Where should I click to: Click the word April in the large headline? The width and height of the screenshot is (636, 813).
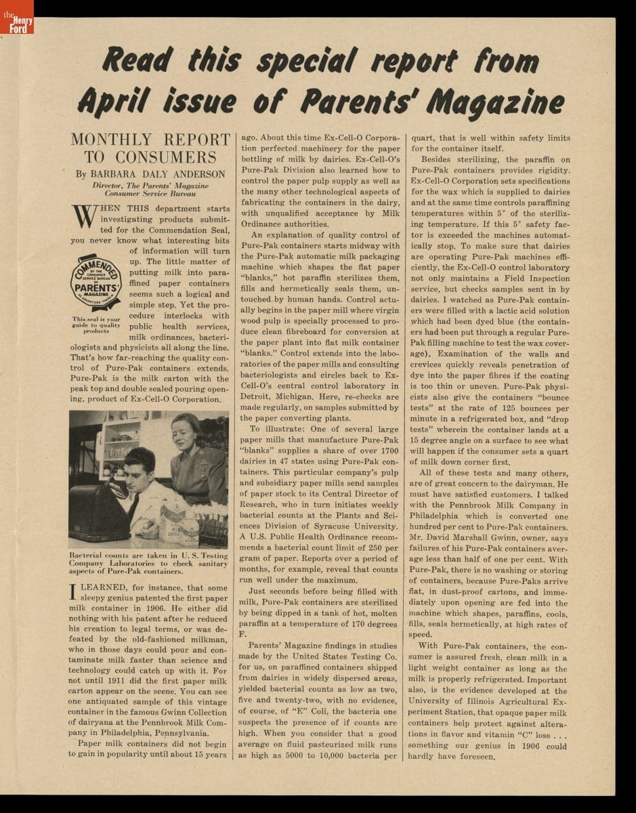click(113, 102)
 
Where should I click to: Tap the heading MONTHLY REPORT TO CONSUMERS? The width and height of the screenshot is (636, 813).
click(150, 148)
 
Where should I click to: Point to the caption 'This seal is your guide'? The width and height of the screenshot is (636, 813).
click(96, 325)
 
